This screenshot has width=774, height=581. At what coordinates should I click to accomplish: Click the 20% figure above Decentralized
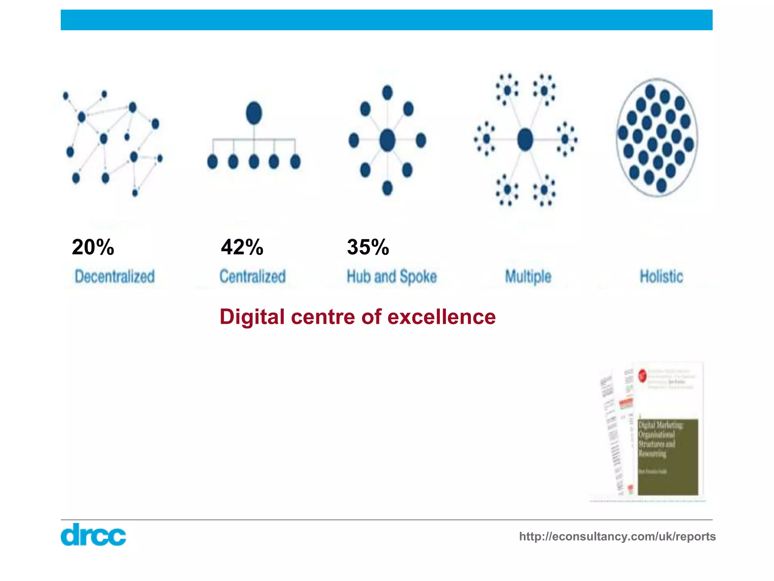coord(93,247)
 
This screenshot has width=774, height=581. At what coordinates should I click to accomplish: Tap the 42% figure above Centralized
coord(242,247)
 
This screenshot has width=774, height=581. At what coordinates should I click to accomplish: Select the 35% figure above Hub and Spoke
coord(368,247)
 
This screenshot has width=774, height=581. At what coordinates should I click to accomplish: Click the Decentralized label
coord(115,277)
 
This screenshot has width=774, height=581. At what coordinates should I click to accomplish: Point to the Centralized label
coord(252,277)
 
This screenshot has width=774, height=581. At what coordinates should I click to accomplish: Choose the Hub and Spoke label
coord(392,277)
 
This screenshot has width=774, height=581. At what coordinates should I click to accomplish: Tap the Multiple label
coord(528,277)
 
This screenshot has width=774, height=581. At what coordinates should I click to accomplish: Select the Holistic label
coord(661,277)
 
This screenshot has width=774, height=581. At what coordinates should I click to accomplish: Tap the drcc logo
coord(93,534)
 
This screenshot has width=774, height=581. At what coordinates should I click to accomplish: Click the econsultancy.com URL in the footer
coord(617,536)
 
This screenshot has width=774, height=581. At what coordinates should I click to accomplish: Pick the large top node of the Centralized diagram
coord(254,113)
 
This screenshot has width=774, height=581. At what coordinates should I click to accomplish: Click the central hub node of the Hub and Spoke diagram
coord(387,140)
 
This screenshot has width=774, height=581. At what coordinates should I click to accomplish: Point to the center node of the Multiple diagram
coord(525,139)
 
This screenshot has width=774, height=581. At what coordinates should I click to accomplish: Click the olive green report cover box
coord(668,457)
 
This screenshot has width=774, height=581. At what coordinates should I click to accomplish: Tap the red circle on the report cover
coord(642,376)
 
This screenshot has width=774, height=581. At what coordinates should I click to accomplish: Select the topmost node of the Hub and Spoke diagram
coord(387,93)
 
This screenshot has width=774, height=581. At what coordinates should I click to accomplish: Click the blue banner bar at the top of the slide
coord(386,20)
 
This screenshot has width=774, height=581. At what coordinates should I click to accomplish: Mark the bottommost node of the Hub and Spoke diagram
coord(387,188)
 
